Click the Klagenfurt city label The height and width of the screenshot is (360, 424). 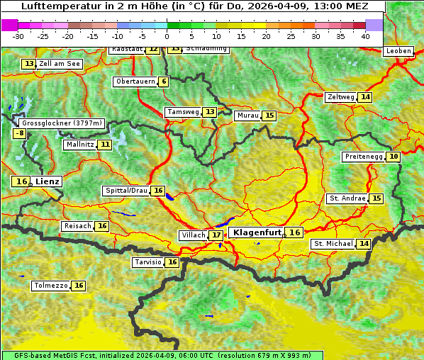coord(257,232)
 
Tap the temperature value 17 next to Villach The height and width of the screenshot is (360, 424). coord(216,235)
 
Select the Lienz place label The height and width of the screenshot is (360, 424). coord(48,181)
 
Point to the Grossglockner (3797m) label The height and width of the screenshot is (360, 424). coord(62,123)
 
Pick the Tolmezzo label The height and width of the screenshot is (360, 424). coord(50,286)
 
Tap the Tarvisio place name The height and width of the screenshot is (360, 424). coord(148,262)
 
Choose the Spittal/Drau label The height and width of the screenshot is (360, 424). coord(126,191)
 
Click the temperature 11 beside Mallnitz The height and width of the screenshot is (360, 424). coord(105,145)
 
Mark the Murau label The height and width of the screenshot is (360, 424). coord(247,116)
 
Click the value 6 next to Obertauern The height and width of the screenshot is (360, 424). coord(164,81)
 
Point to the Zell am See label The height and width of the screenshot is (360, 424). coord(60,64)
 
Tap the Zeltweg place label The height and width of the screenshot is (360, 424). coord(340,97)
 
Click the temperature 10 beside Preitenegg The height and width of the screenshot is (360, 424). coord(394,157)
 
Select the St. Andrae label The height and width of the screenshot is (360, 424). coord(347,198)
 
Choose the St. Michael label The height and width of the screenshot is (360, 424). coord(333,244)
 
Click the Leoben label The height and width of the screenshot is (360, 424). coord(398,51)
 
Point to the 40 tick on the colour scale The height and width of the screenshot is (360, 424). coord(365,35)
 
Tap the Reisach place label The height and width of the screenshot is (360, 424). coord(77,226)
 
